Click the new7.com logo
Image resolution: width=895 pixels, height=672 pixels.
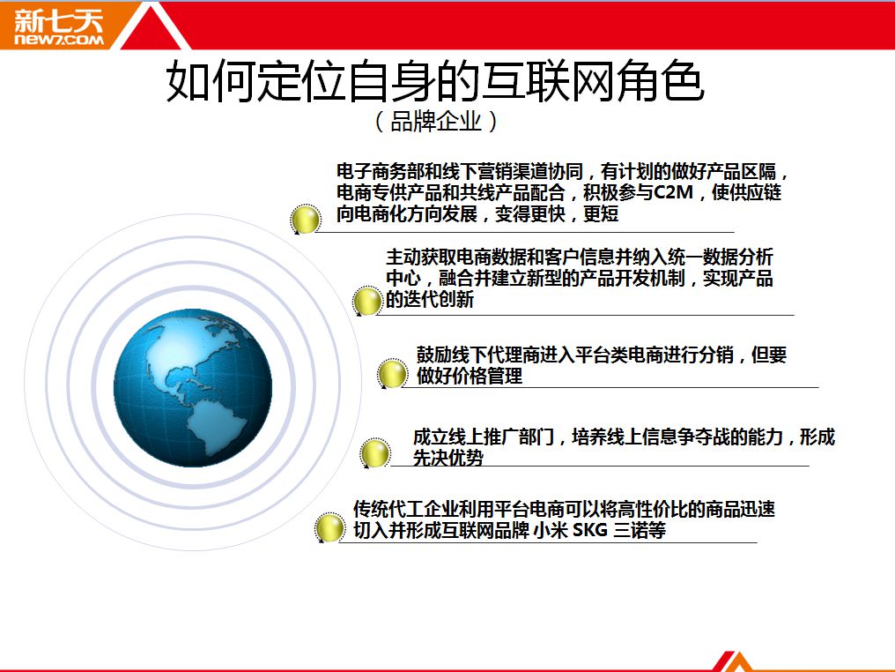[59, 26]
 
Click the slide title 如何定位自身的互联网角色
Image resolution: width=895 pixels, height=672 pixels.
[435, 81]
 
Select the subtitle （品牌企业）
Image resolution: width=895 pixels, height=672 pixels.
[435, 121]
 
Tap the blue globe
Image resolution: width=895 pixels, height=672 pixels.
[193, 388]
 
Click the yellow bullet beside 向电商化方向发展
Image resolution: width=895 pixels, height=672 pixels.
[306, 219]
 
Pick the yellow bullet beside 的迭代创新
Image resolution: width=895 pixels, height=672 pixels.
[367, 301]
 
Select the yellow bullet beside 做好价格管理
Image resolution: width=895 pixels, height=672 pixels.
[392, 374]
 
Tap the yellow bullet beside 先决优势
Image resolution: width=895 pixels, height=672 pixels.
[375, 452]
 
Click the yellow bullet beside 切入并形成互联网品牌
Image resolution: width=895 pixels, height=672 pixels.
[329, 526]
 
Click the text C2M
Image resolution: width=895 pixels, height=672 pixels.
[673, 192]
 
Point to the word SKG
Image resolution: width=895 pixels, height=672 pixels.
[589, 530]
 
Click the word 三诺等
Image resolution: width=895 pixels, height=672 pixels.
[640, 530]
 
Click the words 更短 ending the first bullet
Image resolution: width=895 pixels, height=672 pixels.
[601, 213]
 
